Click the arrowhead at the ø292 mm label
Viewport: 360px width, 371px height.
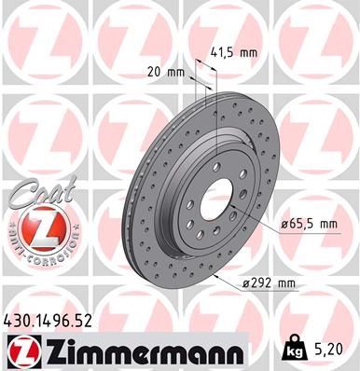(215, 277)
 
